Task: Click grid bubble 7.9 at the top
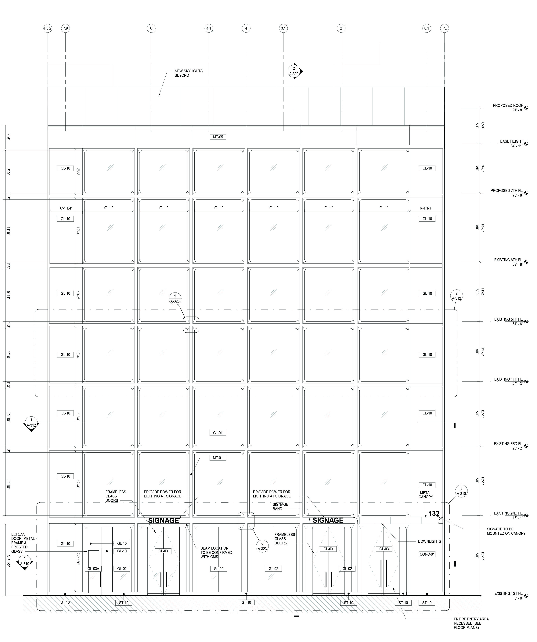pos(65,28)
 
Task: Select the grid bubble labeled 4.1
pos(209,28)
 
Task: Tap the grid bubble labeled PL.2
pos(48,28)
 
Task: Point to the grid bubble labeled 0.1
pos(426,28)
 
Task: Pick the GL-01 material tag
pos(218,433)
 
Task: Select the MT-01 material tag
pos(218,458)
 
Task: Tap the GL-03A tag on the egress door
pos(93,569)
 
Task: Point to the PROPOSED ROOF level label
pos(508,106)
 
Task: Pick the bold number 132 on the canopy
pos(434,513)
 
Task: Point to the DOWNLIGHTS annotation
pos(429,541)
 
